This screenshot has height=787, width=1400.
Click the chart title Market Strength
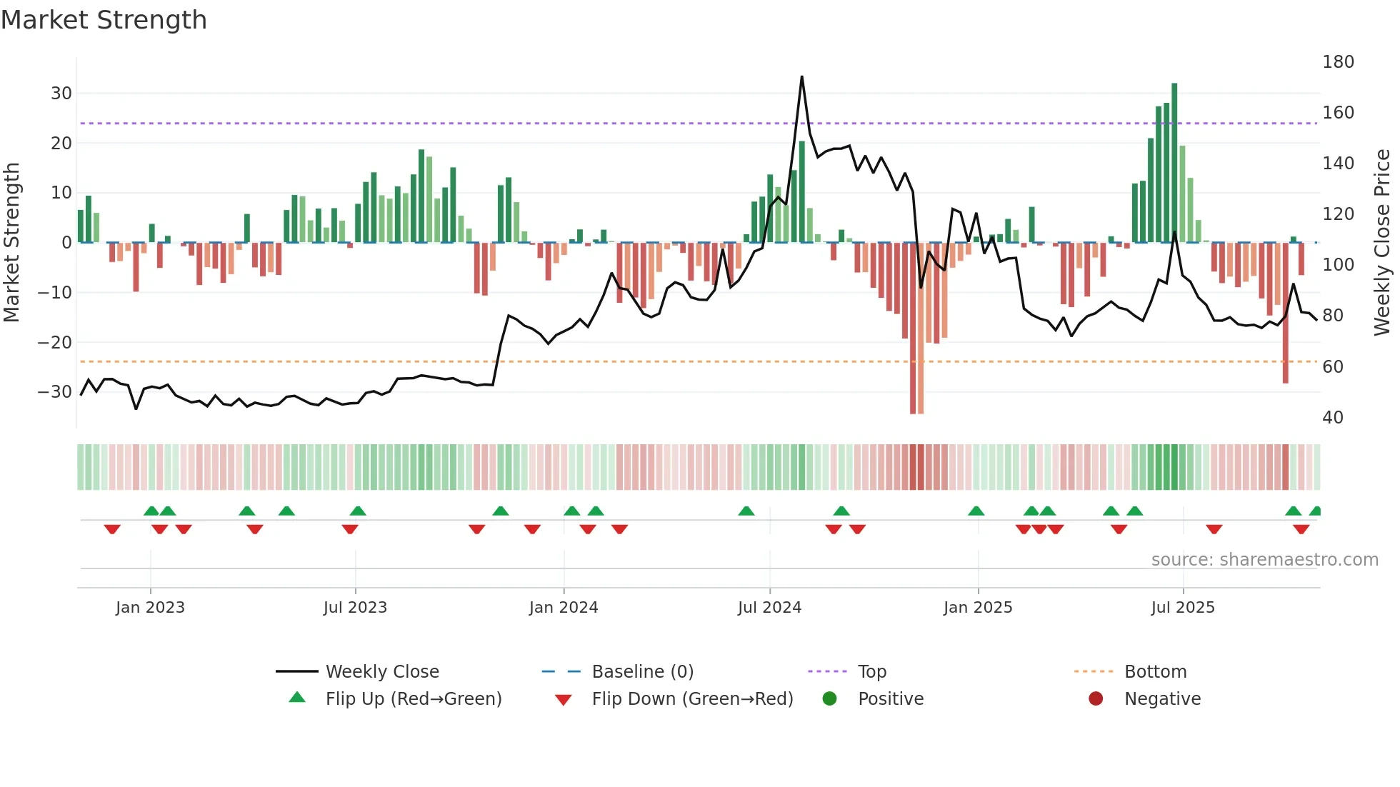[104, 20]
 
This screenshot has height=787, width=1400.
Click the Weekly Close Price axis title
[1382, 242]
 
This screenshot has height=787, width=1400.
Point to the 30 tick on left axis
[61, 94]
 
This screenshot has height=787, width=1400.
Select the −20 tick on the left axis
[54, 342]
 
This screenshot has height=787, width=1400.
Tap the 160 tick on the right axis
[1338, 113]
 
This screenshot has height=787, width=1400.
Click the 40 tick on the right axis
[1332, 417]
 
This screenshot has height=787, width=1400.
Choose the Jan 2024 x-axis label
[563, 608]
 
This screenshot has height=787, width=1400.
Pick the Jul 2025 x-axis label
[1182, 608]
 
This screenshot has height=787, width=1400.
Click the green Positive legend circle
[829, 698]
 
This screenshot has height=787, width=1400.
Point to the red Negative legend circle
[1096, 698]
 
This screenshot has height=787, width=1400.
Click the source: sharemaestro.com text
[1264, 560]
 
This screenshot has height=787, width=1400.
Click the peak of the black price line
[801, 77]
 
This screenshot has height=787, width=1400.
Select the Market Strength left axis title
[12, 242]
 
